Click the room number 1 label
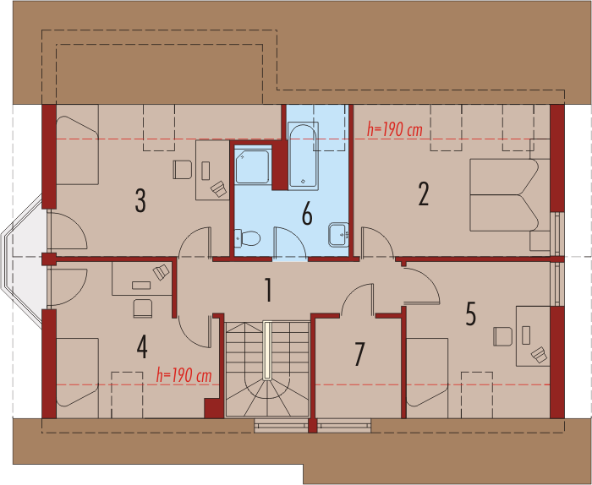click(268, 292)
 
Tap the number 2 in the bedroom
click(424, 194)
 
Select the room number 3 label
click(140, 200)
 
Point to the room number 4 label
click(142, 346)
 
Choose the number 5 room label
click(470, 313)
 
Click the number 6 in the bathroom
click(306, 215)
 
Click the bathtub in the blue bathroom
click(303, 155)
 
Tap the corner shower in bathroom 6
click(252, 166)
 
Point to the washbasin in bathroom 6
click(337, 232)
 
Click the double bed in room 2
click(502, 194)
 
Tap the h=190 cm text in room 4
click(184, 374)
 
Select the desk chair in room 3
click(182, 170)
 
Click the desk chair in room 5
click(502, 335)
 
